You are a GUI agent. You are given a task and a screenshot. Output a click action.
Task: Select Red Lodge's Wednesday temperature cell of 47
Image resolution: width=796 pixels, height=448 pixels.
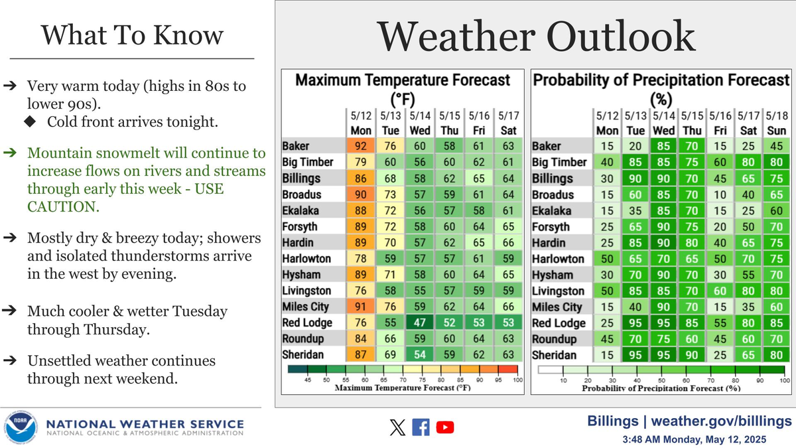coord(419,323)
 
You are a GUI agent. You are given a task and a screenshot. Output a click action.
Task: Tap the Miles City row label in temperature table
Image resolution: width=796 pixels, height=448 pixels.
coord(306,307)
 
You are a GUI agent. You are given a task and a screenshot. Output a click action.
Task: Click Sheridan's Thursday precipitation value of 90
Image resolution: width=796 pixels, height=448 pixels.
coord(693,356)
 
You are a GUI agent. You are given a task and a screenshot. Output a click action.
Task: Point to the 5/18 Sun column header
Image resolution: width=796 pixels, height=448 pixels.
coord(776,125)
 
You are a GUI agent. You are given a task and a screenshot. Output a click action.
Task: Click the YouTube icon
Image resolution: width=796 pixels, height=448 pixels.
coord(445,427)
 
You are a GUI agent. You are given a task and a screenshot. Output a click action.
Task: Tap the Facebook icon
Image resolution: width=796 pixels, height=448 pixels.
coord(421,427)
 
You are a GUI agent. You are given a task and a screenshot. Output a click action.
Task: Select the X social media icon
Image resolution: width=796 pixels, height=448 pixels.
coord(397,427)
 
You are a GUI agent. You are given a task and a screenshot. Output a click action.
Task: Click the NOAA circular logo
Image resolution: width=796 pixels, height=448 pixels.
coord(19,427)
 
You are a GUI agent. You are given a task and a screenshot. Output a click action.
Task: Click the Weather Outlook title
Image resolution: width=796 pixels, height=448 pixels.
coord(536,37)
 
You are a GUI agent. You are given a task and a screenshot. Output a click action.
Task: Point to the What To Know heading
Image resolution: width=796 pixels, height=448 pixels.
coord(133,35)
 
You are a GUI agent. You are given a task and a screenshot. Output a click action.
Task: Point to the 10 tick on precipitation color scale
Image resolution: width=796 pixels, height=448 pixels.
coord(563,380)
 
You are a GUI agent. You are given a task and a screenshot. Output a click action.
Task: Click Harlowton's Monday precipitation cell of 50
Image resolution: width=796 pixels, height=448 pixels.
coord(607,259)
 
